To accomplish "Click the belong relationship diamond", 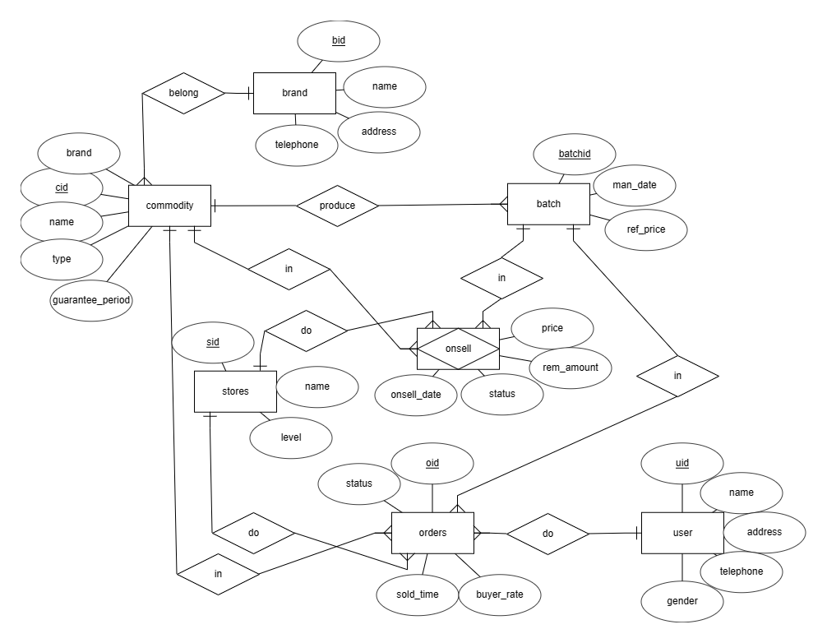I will pyautogui.click(x=183, y=93).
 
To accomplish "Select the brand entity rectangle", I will pyautogui.click(x=294, y=93).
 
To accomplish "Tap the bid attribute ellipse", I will pyautogui.click(x=339, y=40).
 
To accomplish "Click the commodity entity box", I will pyautogui.click(x=169, y=205).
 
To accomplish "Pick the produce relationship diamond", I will pyautogui.click(x=337, y=206).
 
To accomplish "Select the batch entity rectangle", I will pyautogui.click(x=548, y=204).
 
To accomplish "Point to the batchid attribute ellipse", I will pyautogui.click(x=575, y=154).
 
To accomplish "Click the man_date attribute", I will pyautogui.click(x=635, y=186).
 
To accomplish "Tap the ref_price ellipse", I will pyautogui.click(x=645, y=229).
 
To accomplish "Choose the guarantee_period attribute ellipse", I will pyautogui.click(x=91, y=300).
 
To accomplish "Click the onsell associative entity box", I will pyautogui.click(x=458, y=349).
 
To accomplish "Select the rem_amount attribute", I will pyautogui.click(x=571, y=368).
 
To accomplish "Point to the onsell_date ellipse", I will pyautogui.click(x=416, y=394).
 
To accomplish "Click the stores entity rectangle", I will pyautogui.click(x=234, y=391).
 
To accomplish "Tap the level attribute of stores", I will pyautogui.click(x=291, y=437).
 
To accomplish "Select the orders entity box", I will pyautogui.click(x=432, y=533).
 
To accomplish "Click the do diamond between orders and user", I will pyautogui.click(x=547, y=534).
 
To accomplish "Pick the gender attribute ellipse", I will pyautogui.click(x=682, y=601).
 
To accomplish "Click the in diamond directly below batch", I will pyautogui.click(x=501, y=279).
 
